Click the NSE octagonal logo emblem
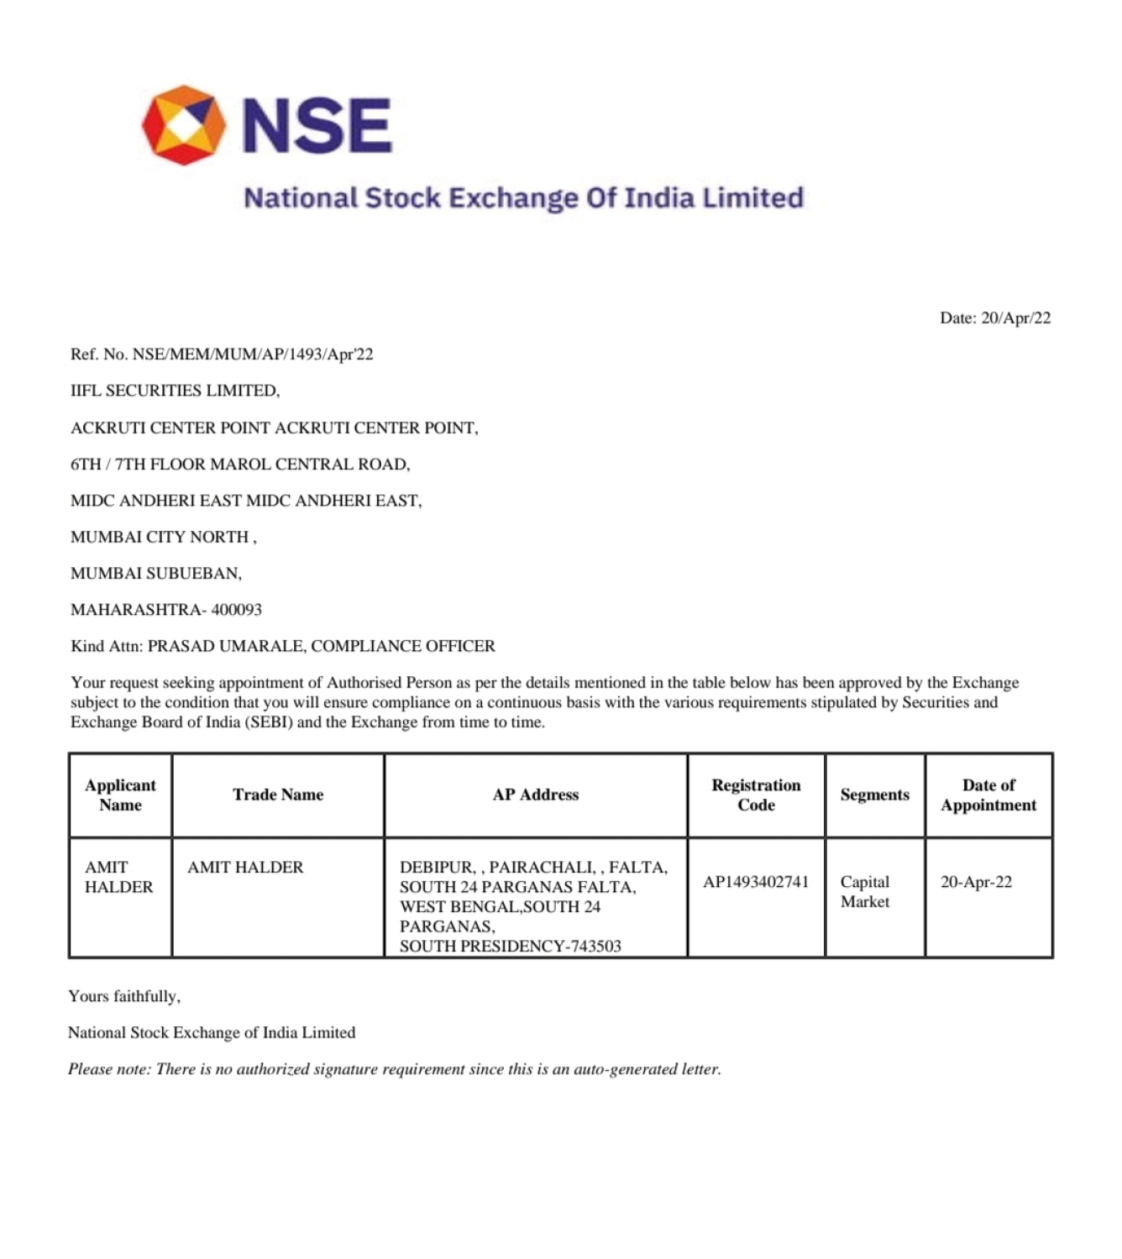(184, 124)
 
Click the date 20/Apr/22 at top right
(1015, 318)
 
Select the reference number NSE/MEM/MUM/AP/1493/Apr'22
(253, 354)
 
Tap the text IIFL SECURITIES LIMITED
(175, 391)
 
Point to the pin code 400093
(237, 610)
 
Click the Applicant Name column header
(120, 795)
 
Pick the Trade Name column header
(278, 795)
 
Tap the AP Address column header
(536, 795)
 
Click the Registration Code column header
(756, 795)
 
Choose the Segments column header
(874, 795)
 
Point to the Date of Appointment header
(988, 795)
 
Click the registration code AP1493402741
(756, 882)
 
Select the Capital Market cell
(865, 892)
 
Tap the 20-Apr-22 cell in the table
(976, 882)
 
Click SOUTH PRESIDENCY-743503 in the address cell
(511, 947)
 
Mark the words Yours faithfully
(124, 997)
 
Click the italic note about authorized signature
(395, 1070)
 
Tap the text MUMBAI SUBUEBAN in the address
(156, 574)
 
